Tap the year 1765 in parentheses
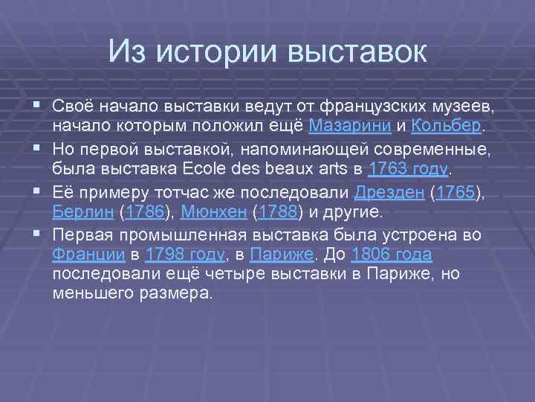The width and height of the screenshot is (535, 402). [455, 193]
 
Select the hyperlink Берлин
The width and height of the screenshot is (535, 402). [82, 214]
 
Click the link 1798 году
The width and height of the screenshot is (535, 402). [185, 255]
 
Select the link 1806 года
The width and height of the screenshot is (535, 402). [392, 255]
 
